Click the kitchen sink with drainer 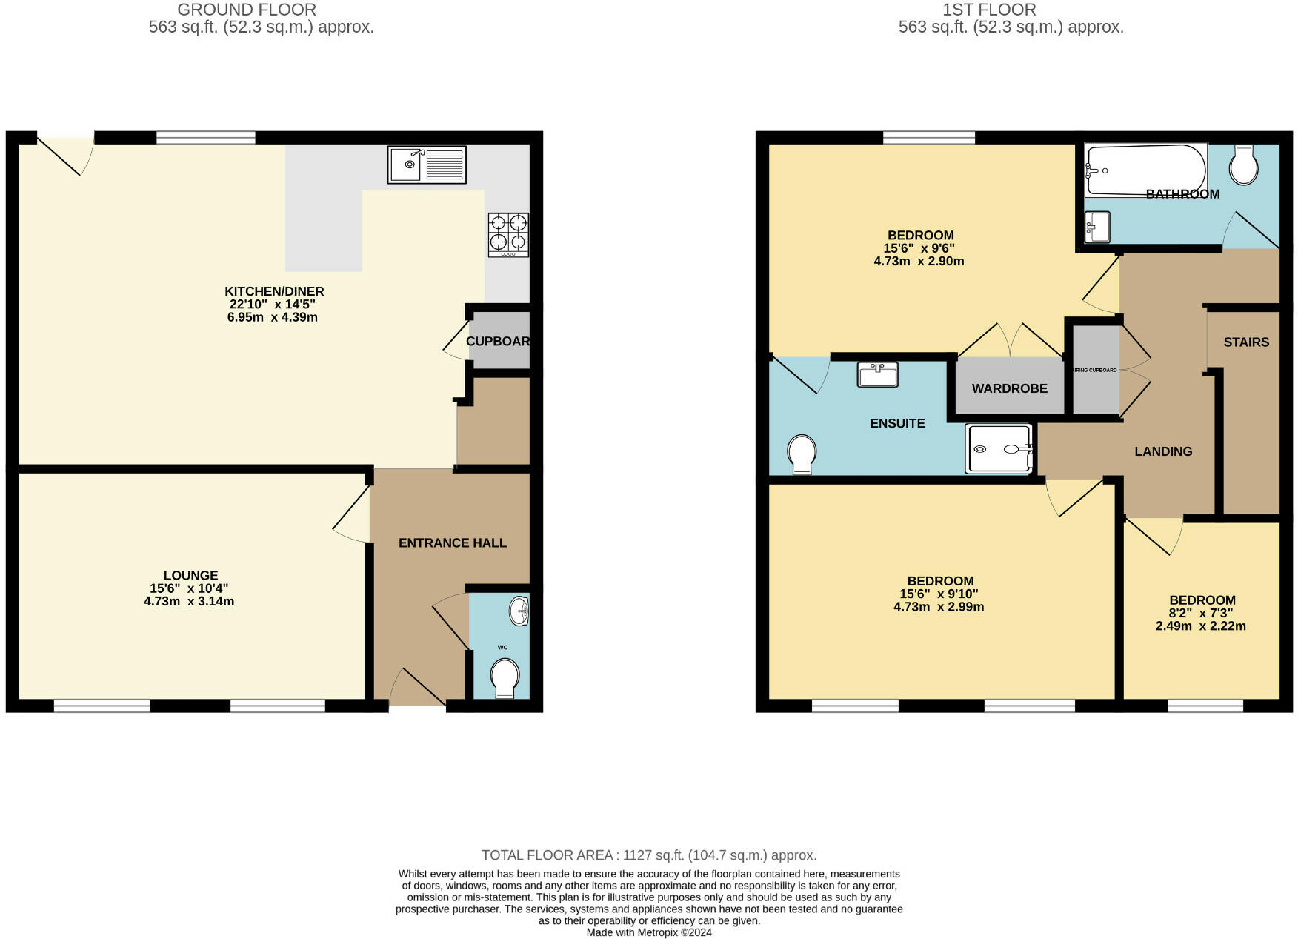(x=426, y=165)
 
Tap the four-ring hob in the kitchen (x=508, y=234)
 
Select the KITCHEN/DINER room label (x=274, y=291)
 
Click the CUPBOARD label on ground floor (x=498, y=341)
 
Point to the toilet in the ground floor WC (x=505, y=678)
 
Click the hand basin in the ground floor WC (x=519, y=611)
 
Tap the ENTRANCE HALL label (x=452, y=543)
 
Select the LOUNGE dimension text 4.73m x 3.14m (x=189, y=601)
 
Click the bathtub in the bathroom (x=1144, y=170)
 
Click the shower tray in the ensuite (x=999, y=448)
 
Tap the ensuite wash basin (x=877, y=374)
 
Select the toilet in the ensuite (x=802, y=454)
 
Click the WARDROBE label (x=1009, y=388)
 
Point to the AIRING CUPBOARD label (x=1095, y=370)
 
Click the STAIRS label (x=1246, y=342)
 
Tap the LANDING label (x=1163, y=451)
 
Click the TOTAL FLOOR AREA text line (x=649, y=855)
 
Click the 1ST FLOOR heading (x=989, y=10)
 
